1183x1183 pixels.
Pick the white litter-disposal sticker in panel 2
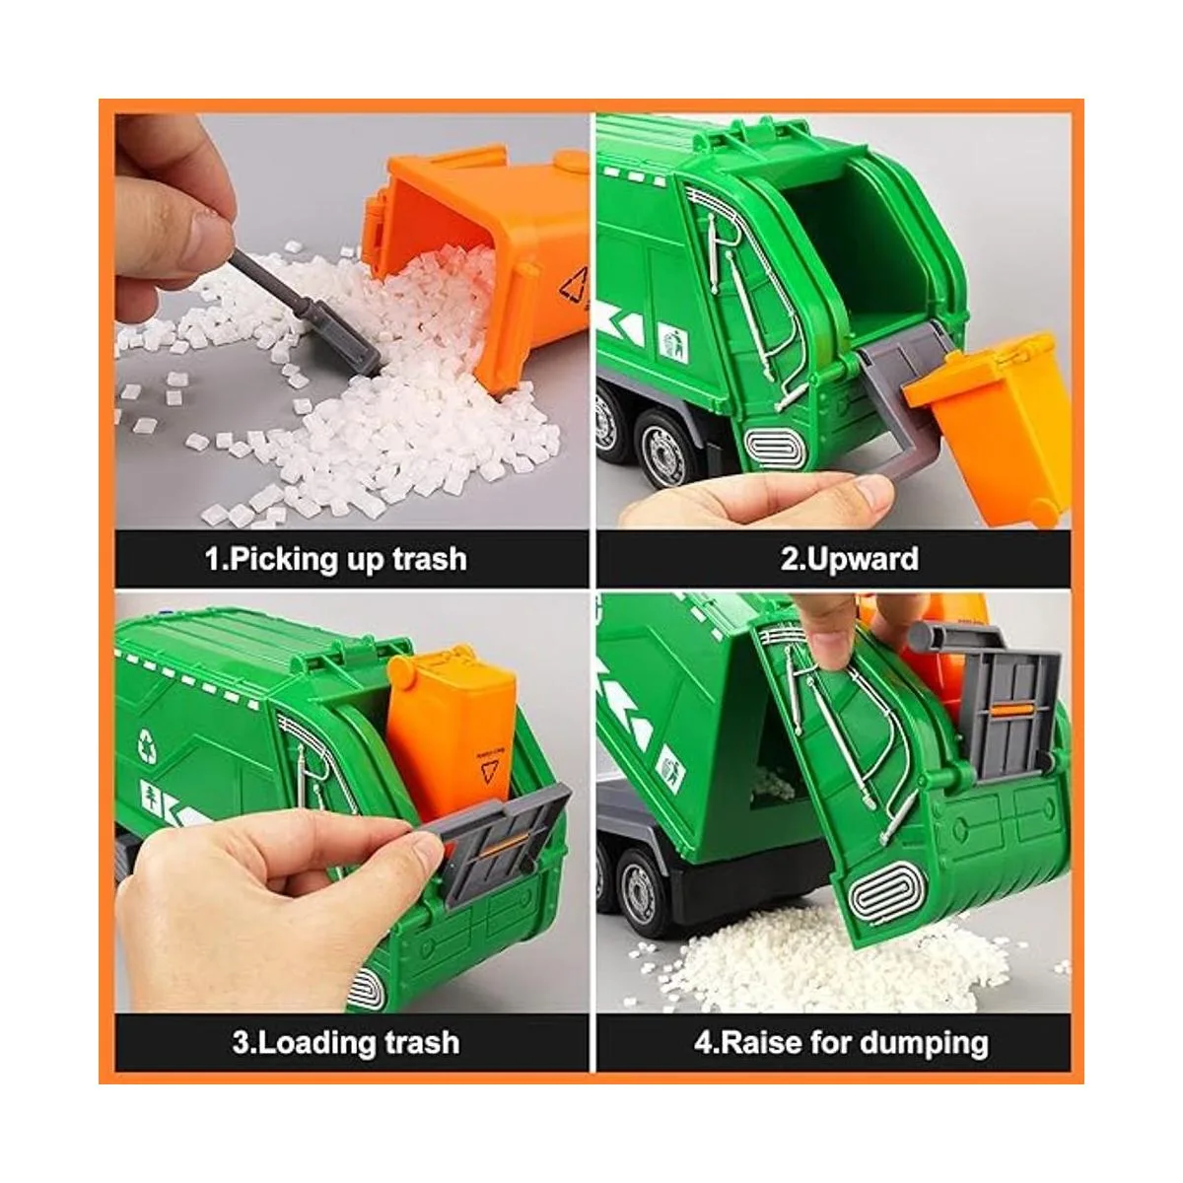click(x=674, y=342)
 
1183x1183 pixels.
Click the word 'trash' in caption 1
click(x=430, y=559)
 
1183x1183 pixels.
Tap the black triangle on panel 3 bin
click(x=489, y=772)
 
